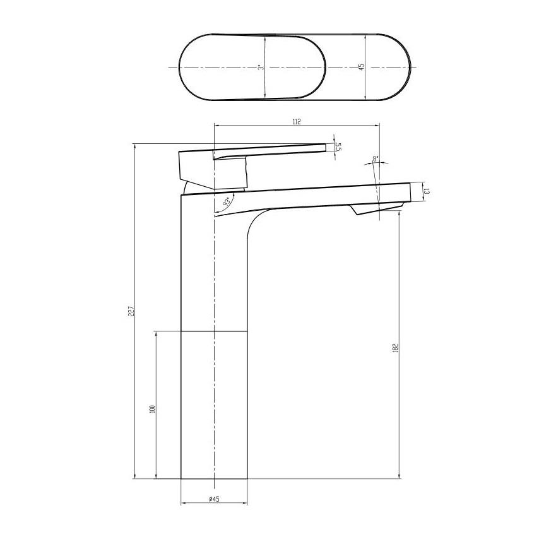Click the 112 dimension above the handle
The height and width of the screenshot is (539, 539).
tap(297, 121)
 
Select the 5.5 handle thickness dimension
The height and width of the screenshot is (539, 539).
tap(338, 147)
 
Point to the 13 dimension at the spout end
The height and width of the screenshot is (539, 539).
tap(427, 192)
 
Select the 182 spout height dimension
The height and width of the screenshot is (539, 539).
tap(395, 348)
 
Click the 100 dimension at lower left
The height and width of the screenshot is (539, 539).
tap(152, 408)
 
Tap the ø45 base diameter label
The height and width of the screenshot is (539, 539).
tap(214, 499)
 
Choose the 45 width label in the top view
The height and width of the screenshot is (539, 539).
tap(362, 66)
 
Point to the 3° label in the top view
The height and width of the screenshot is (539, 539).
tap(260, 67)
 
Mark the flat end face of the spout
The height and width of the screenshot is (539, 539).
tap(410, 192)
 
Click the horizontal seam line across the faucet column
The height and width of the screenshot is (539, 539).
tap(214, 330)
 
